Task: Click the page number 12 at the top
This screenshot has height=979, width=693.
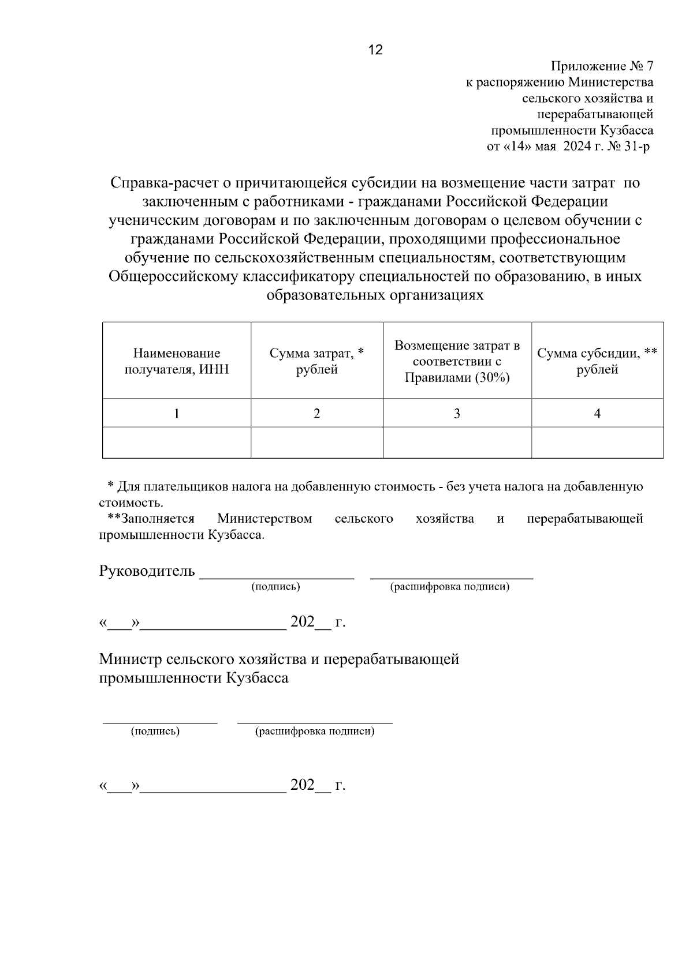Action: coord(375,50)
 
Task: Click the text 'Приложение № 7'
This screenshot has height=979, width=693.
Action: coord(602,66)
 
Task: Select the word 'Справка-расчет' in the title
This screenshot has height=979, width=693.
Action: coord(163,183)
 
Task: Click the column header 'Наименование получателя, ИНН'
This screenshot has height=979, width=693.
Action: coord(177,361)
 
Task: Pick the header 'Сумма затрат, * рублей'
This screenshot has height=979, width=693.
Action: coord(316,361)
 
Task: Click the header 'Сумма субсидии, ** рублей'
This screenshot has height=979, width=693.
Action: coord(597,361)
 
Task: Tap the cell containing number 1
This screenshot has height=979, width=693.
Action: coord(177,414)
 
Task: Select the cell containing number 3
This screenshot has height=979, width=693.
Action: coord(457,414)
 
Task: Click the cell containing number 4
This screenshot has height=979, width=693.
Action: coord(597,414)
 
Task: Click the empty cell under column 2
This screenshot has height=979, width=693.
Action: coord(316,443)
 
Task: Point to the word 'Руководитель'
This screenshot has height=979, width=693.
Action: coord(147,572)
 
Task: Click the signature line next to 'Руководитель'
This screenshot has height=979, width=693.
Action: coord(276,574)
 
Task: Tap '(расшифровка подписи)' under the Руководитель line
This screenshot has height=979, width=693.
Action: coord(450,587)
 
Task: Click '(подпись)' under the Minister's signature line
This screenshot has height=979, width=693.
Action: coord(155,732)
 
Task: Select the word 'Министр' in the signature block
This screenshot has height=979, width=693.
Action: coord(130,659)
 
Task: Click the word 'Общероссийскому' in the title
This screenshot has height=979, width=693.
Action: coord(173,277)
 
